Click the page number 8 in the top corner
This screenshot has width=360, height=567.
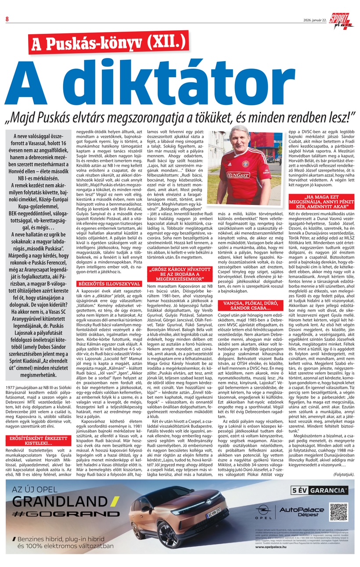pyautogui.click(x=7, y=18)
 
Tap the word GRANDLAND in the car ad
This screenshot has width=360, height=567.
pyautogui.click(x=59, y=501)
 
